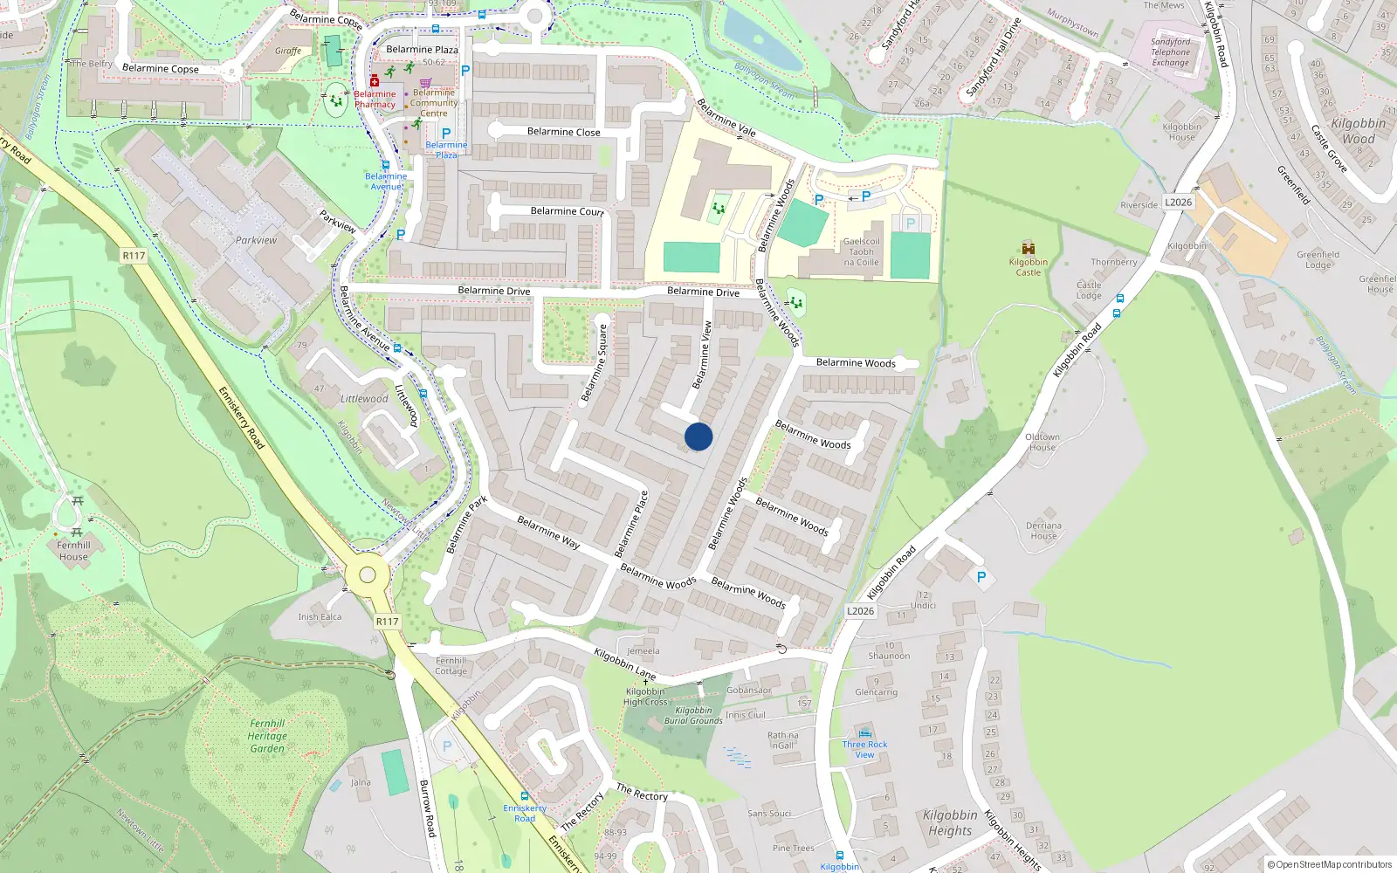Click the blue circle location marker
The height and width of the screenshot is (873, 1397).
(698, 436)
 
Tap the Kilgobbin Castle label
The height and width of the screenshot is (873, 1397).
(1028, 267)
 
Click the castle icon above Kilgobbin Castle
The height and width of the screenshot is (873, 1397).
(1028, 248)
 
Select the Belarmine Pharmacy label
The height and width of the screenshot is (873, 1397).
(375, 100)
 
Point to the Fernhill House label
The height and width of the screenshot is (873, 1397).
(73, 551)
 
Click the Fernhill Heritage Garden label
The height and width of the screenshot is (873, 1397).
(267, 736)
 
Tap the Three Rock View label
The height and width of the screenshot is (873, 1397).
(864, 750)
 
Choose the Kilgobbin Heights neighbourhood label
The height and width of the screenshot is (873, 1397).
(949, 822)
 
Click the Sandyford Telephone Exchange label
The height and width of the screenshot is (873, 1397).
(1170, 52)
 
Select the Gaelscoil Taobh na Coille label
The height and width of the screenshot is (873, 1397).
(861, 251)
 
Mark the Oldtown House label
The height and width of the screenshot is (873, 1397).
(1042, 442)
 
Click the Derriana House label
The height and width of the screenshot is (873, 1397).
(1043, 531)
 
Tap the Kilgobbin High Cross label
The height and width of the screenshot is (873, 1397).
(645, 697)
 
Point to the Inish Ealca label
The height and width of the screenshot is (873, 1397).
(320, 616)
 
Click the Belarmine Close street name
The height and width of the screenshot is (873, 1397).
(563, 132)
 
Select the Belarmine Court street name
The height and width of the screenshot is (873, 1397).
(567, 211)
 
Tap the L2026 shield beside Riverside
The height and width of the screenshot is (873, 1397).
(1178, 203)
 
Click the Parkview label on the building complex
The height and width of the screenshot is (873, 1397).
(256, 240)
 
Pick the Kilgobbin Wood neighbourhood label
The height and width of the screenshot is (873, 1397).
(1358, 131)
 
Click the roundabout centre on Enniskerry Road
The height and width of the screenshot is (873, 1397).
(368, 574)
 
